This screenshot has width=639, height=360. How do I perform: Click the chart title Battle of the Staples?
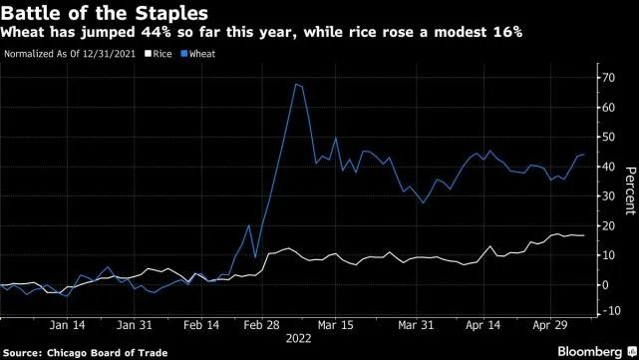coord(105,13)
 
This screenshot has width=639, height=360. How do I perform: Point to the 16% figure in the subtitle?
coord(507,32)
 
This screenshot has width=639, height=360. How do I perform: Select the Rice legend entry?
coord(159,54)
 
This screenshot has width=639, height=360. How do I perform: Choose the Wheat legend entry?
coord(198,54)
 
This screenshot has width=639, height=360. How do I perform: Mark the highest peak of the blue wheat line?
coord(296,84)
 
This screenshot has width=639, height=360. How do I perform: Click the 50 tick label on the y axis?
coord(608,137)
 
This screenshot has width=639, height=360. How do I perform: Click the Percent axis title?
coord(630,190)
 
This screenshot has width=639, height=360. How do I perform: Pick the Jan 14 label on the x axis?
coord(67,325)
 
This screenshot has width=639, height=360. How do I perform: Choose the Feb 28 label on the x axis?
coord(261,325)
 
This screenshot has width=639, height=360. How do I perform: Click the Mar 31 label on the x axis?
coord(416,325)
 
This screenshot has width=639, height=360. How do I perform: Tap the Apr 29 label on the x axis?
coord(550,325)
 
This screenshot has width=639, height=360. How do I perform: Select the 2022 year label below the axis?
coord(298,339)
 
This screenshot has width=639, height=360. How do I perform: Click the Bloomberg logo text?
coord(590,351)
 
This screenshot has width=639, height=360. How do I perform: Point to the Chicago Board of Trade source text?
coord(108,353)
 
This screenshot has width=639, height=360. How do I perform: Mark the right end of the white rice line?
coord(584,235)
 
